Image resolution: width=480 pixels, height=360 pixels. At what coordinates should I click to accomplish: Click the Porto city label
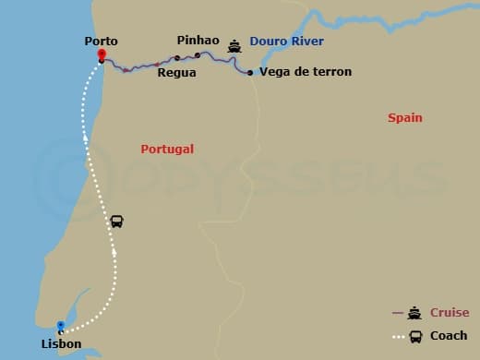pyautogui.click(x=101, y=41)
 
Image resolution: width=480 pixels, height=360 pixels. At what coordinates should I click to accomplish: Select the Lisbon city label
pyautogui.click(x=61, y=344)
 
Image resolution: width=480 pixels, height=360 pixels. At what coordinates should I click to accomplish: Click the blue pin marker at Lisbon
pyautogui.click(x=61, y=327)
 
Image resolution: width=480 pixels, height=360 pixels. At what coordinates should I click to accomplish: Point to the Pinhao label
pyautogui.click(x=198, y=41)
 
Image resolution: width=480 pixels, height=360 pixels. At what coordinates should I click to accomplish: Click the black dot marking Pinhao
pyautogui.click(x=197, y=55)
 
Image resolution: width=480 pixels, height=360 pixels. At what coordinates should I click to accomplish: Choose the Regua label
pyautogui.click(x=176, y=72)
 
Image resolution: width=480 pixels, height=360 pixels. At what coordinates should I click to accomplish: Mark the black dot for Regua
pyautogui.click(x=176, y=58)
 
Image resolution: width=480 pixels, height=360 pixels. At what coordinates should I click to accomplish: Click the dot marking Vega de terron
pyautogui.click(x=250, y=72)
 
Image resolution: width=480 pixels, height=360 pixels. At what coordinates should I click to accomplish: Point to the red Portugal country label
pyautogui.click(x=167, y=149)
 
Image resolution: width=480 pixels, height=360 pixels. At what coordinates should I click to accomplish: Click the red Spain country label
pyautogui.click(x=405, y=118)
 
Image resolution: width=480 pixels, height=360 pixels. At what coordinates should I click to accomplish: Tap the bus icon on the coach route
pyautogui.click(x=116, y=222)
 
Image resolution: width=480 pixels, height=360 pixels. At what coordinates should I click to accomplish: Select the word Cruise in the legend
pyautogui.click(x=450, y=313)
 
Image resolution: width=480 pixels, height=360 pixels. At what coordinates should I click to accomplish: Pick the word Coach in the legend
pyautogui.click(x=449, y=335)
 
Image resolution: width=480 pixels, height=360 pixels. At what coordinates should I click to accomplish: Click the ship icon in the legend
pyautogui.click(x=414, y=313)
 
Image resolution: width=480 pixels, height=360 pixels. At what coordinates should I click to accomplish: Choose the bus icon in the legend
pyautogui.click(x=415, y=335)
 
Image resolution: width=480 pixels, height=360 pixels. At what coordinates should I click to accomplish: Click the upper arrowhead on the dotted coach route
pyautogui.click(x=84, y=138)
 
